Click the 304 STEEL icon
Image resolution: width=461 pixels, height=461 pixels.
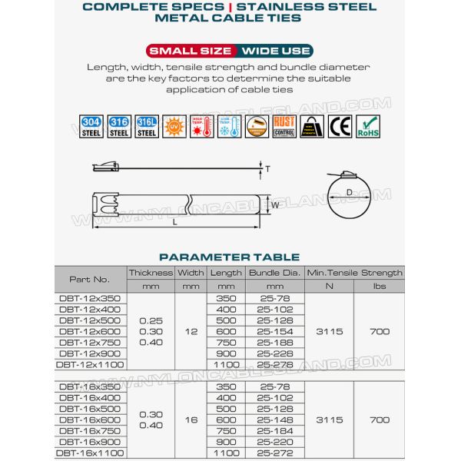(x=91, y=127)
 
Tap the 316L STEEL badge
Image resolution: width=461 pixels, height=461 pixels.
(x=146, y=127)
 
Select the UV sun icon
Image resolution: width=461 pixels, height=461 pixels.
(x=174, y=127)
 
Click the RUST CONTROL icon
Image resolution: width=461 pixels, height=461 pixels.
(x=284, y=127)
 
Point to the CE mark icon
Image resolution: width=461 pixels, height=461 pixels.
(x=339, y=127)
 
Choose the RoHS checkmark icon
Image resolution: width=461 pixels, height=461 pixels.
(x=369, y=127)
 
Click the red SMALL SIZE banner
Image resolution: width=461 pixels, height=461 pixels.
(x=191, y=51)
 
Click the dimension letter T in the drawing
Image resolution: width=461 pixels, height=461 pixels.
(x=267, y=167)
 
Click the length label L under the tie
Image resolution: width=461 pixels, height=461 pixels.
(x=176, y=221)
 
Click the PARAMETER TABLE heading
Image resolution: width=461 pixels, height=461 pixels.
(x=229, y=257)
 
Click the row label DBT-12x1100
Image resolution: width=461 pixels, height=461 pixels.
(x=90, y=364)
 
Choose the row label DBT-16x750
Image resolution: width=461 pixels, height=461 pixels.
(x=90, y=431)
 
